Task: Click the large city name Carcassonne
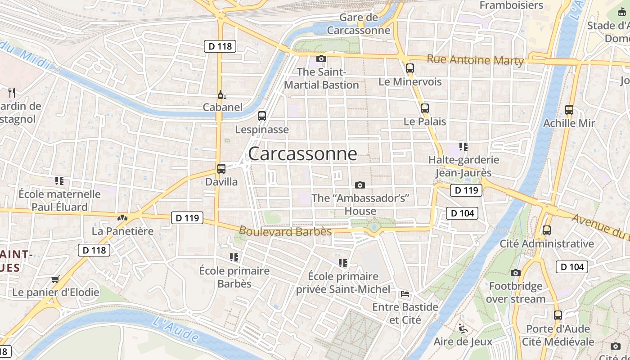pyautogui.click(x=302, y=154)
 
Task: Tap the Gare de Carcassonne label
pyautogui.click(x=359, y=24)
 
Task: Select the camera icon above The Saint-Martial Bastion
pyautogui.click(x=321, y=58)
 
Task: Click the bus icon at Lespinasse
pyautogui.click(x=262, y=116)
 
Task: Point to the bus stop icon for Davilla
pyautogui.click(x=221, y=169)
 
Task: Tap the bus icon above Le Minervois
pyautogui.click(x=409, y=68)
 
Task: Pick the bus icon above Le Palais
pyautogui.click(x=424, y=108)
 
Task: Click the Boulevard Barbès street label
pyautogui.click(x=285, y=231)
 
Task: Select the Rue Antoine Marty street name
pyautogui.click(x=475, y=60)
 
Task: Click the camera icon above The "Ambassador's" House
pyautogui.click(x=360, y=185)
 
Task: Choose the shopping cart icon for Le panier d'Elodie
pyautogui.click(x=55, y=279)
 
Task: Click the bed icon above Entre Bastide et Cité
pyautogui.click(x=405, y=294)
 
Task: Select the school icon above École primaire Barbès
pyautogui.click(x=234, y=257)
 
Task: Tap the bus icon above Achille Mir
pyautogui.click(x=569, y=109)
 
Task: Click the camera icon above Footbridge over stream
pyautogui.click(x=516, y=273)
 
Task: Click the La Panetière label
pyautogui.click(x=122, y=231)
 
